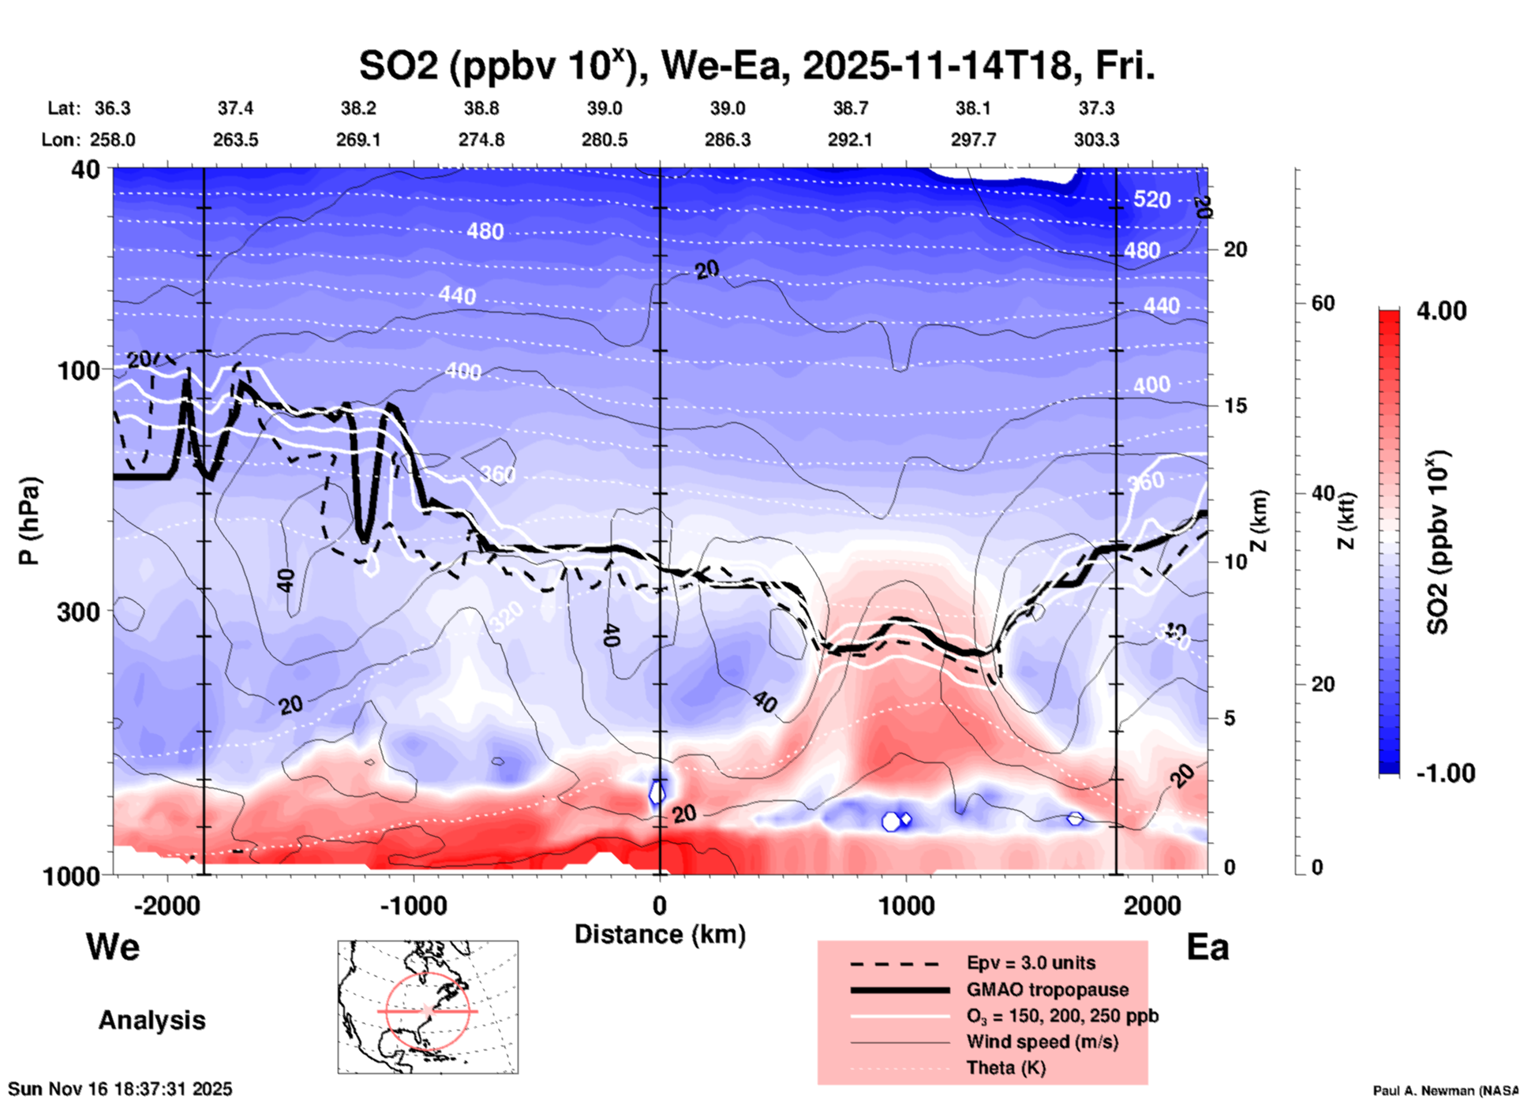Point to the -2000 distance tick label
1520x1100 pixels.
[167, 905]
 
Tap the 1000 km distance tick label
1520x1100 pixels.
[906, 905]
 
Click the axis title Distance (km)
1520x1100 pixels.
[660, 934]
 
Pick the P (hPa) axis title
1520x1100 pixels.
[29, 521]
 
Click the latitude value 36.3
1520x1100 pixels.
[112, 108]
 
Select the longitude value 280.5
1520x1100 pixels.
[605, 140]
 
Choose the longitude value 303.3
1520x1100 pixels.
[1096, 140]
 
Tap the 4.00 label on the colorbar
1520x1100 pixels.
[1441, 310]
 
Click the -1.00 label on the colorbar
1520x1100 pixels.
[1445, 773]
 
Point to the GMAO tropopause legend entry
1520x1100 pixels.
[1046, 990]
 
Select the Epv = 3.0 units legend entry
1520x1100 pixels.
[1031, 963]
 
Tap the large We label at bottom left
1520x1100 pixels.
[113, 946]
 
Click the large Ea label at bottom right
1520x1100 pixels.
[1207, 947]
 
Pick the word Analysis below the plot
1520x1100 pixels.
[152, 1020]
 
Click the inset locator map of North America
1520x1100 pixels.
[428, 1007]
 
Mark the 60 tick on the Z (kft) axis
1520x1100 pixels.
[1323, 303]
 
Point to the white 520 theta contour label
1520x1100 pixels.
[1151, 199]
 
